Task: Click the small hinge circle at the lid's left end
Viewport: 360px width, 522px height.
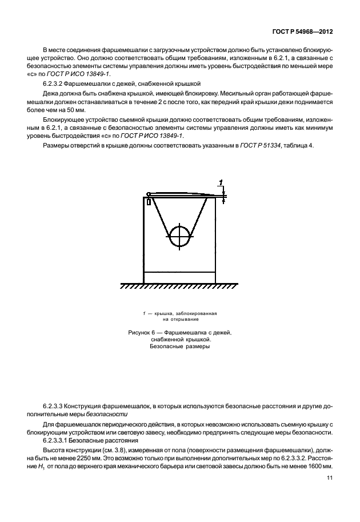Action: click(x=149, y=194)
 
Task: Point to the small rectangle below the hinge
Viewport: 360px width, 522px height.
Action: click(x=149, y=201)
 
